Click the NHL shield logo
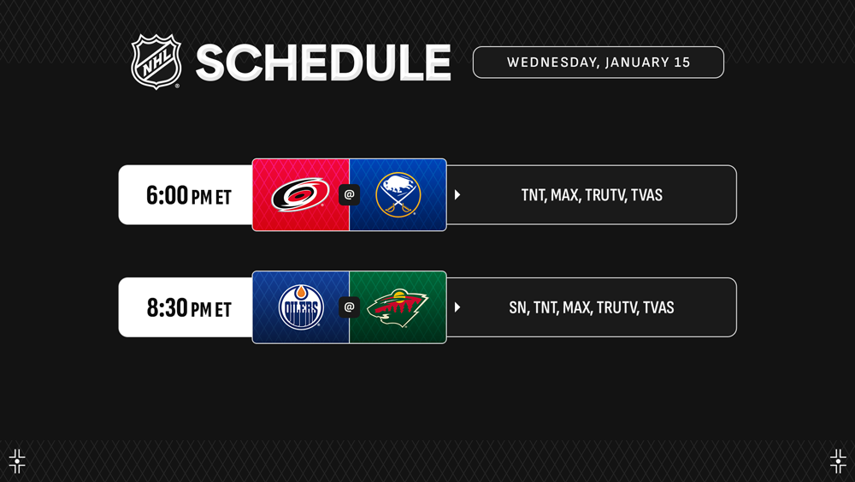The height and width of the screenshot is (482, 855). pos(156,62)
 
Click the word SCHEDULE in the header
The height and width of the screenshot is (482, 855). pos(323,62)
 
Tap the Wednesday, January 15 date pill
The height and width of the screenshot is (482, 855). pos(598,62)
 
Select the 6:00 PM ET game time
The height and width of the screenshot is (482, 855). pos(189,195)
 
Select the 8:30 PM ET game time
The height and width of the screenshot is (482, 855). pos(189,308)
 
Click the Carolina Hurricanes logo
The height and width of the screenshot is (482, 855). pos(300,194)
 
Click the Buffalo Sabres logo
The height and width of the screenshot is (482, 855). pos(398,195)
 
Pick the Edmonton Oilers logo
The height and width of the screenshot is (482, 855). pos(301,306)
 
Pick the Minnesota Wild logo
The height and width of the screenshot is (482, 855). pos(397,307)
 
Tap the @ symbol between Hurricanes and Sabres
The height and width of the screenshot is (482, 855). pos(349,195)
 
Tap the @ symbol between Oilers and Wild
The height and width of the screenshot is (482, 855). pos(349,307)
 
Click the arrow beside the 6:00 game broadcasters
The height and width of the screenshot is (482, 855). pos(457,195)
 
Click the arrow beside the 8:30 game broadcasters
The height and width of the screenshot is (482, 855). pos(457,307)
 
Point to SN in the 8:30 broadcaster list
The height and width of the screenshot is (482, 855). pos(518,308)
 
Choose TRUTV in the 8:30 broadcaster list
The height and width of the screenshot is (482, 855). pos(616,308)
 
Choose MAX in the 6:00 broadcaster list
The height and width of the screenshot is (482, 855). pos(564,195)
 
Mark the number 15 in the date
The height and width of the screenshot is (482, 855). pos(682,62)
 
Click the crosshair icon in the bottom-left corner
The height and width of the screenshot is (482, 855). pos(17,461)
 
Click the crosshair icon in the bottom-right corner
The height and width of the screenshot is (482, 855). pos(838,461)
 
